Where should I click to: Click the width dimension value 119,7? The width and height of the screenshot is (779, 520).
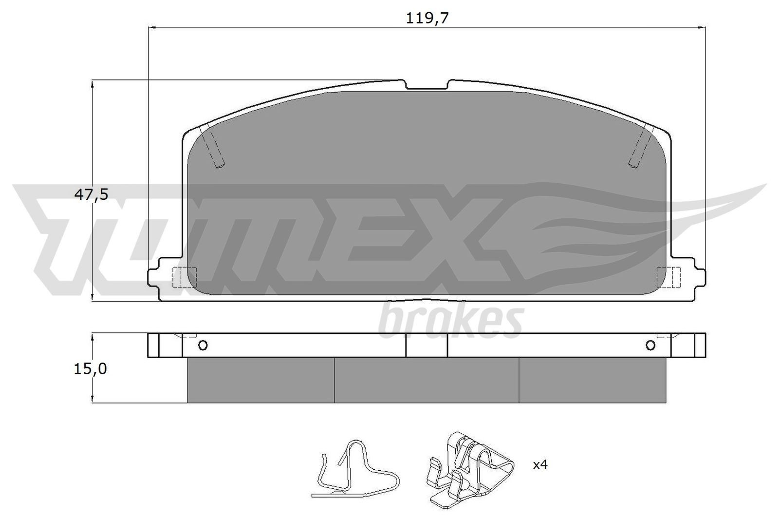[x=427, y=18]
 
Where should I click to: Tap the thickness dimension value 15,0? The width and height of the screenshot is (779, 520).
[x=90, y=369]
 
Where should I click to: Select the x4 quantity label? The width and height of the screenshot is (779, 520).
[x=540, y=465]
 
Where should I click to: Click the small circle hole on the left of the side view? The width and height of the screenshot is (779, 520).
[x=203, y=346]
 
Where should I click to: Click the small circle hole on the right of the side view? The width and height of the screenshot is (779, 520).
[x=650, y=346]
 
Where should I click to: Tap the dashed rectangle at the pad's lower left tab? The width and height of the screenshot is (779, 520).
[x=185, y=277]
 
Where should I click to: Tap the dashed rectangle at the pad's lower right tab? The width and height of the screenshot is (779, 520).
[x=668, y=277]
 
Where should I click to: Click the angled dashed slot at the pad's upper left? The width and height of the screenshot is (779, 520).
[x=214, y=146]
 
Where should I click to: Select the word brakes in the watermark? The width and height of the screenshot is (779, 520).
[x=450, y=321]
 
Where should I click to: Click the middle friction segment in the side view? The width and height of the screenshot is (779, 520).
[x=427, y=380]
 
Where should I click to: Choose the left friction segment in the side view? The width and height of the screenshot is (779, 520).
[x=260, y=380]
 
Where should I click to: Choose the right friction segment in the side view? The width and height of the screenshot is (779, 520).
[x=592, y=380]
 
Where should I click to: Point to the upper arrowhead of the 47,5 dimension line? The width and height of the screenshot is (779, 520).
[x=92, y=85]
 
